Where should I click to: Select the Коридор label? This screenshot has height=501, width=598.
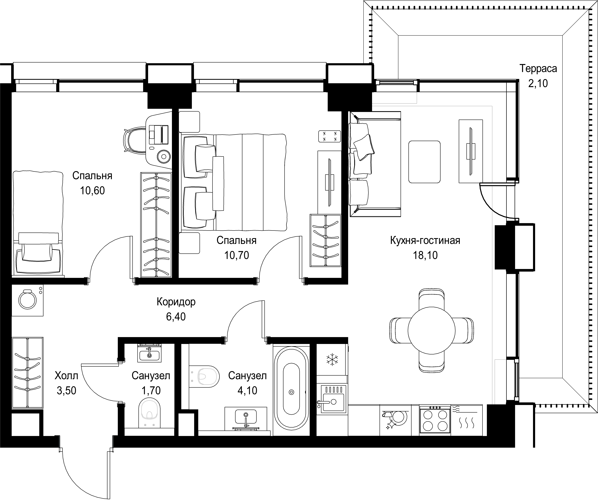(x=176, y=302)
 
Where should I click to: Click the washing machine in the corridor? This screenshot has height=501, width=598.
(x=27, y=300)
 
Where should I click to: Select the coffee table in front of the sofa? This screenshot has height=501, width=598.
(x=424, y=162)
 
